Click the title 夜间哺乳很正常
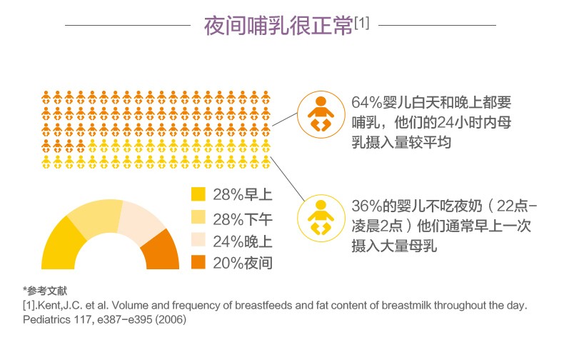coord(278,26)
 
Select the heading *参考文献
coord(45,291)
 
